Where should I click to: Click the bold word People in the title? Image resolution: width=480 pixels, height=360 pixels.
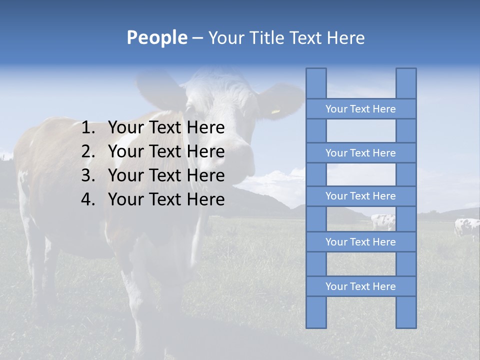(x=156, y=37)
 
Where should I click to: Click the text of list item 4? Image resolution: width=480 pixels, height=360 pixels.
(x=166, y=199)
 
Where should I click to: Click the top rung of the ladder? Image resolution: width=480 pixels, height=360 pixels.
(x=360, y=109)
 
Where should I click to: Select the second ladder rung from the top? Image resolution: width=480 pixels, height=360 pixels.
(x=360, y=153)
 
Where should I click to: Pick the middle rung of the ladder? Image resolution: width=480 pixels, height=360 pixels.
(x=360, y=196)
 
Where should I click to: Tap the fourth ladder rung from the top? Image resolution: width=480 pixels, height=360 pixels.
(x=360, y=242)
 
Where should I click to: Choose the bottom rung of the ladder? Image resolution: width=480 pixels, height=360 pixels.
(x=360, y=286)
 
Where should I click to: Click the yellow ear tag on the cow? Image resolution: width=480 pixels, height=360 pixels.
(x=275, y=111)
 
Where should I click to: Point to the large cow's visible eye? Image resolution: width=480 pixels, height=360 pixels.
(x=190, y=109)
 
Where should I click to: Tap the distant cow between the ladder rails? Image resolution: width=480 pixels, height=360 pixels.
(x=383, y=221)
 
